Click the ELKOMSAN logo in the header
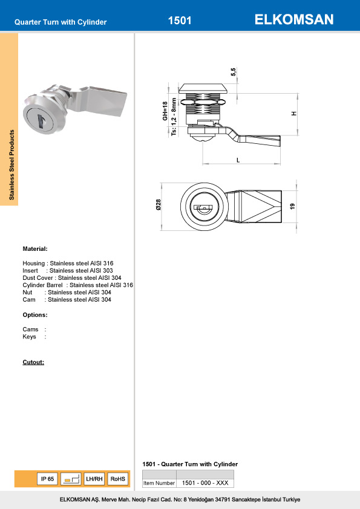pos(294,20)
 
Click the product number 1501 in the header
pos(180,21)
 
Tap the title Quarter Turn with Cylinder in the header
pos(61,22)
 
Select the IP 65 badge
pos(47,479)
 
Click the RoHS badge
pos(118,479)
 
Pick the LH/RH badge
pos(94,479)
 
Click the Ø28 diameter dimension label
pos(158,205)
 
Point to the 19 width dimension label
pos(292,206)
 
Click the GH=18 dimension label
pos(165,111)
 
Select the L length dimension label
pos(238,160)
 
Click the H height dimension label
pos(293,114)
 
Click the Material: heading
pos(35,249)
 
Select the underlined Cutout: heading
pos(33,363)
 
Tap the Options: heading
pos(35,315)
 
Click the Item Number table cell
pos(159,483)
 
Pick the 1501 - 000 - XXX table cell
pos(205,483)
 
